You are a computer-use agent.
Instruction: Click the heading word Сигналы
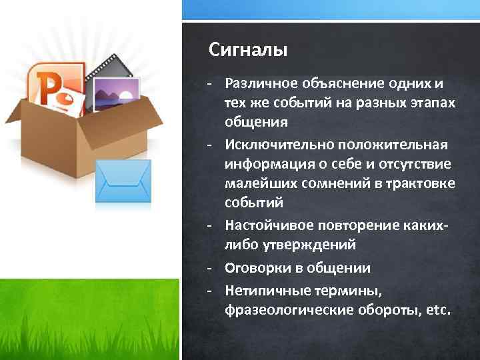[x=248, y=49]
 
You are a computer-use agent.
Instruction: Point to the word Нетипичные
[x=261, y=291]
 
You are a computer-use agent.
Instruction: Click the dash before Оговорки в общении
[x=209, y=268]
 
